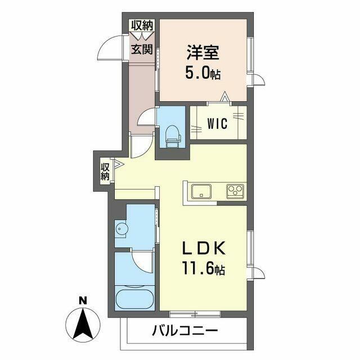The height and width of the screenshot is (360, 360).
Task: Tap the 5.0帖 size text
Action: point(202,73)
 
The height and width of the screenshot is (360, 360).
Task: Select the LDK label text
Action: point(204,248)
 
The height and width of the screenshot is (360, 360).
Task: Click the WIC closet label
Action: point(217,123)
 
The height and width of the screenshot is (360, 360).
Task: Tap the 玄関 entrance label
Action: point(142,49)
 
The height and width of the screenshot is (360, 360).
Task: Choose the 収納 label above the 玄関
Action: point(142,25)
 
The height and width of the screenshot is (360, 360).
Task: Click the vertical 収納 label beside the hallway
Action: point(105,171)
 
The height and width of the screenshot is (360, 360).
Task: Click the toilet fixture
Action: point(173,137)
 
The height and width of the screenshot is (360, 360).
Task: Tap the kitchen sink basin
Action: point(201,191)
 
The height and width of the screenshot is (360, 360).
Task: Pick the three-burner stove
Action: point(235,191)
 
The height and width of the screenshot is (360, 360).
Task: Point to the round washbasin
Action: point(121,228)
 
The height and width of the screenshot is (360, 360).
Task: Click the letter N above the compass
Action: point(83,300)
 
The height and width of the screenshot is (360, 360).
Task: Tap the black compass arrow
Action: point(83,323)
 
